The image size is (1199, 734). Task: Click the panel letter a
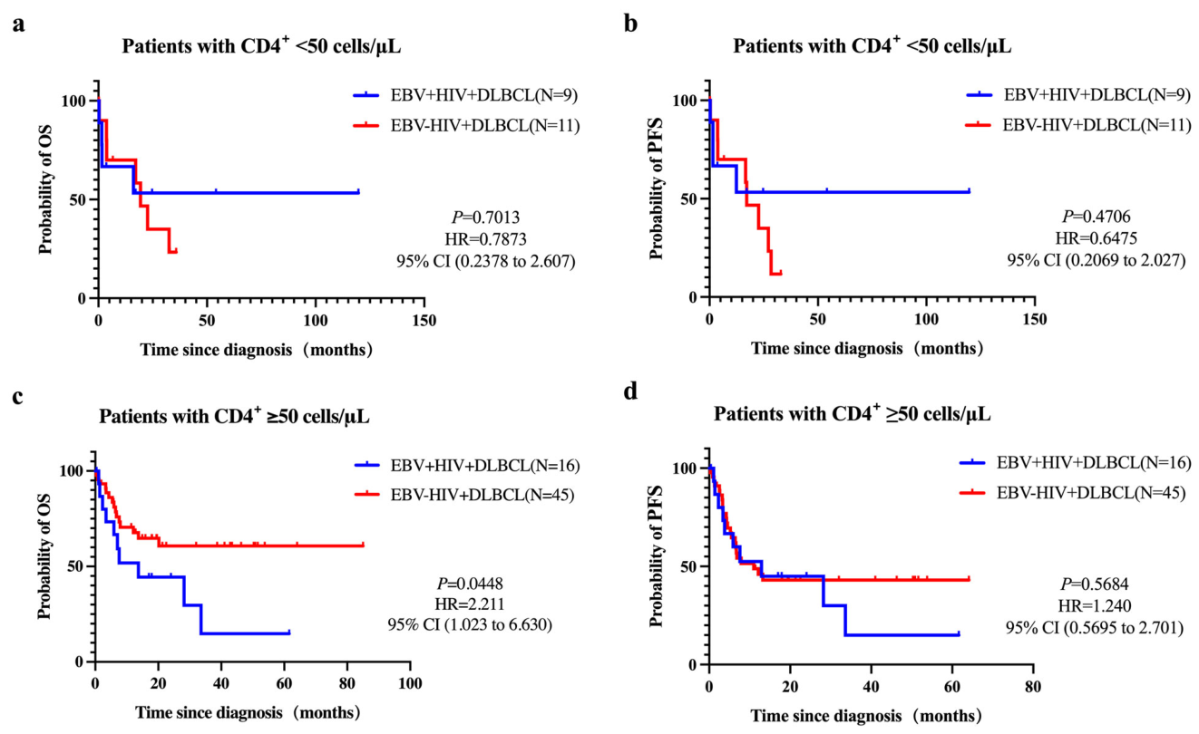(19, 25)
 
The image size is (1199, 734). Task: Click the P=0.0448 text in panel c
(471, 584)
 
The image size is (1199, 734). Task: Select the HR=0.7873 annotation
(485, 238)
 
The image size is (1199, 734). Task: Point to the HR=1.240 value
(1095, 605)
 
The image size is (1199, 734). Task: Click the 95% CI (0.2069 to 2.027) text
(1097, 260)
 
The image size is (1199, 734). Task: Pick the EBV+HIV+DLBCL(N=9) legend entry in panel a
(465, 95)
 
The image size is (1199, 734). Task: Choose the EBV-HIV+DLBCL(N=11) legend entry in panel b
(1078, 125)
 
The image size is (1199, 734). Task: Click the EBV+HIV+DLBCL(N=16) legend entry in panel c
(467, 466)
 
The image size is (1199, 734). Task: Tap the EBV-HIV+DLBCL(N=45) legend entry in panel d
(1073, 492)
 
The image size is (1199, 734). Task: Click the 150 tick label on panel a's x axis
(424, 321)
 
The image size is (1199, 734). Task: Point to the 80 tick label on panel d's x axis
(1033, 686)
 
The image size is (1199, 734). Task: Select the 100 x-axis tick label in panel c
(410, 684)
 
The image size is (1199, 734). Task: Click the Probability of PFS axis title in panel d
(657, 556)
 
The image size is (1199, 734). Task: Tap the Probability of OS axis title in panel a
(45, 189)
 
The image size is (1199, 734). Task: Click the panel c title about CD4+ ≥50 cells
(234, 415)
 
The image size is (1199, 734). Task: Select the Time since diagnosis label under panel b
(867, 349)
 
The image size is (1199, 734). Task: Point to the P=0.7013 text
(485, 217)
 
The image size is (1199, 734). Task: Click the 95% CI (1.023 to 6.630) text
(470, 624)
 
